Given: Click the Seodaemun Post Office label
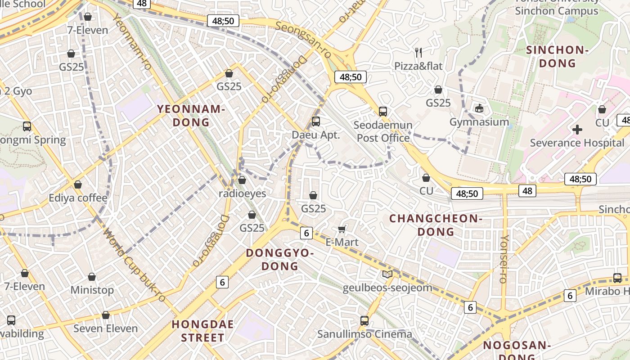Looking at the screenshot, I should (x=383, y=131).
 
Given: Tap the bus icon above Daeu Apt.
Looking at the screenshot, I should (x=316, y=121).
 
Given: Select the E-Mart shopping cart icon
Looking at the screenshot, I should (x=342, y=229).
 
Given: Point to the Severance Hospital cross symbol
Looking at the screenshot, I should (x=577, y=130).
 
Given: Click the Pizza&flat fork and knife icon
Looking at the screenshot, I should (x=418, y=52).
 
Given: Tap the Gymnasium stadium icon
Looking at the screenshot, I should (x=479, y=108).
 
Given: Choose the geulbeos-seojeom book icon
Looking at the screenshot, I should (x=387, y=274).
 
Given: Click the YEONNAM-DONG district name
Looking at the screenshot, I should (x=190, y=115).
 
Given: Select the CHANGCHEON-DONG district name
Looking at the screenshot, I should (x=436, y=225).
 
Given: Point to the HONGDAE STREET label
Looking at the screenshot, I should (x=203, y=331).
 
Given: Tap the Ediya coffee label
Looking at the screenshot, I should (x=78, y=198).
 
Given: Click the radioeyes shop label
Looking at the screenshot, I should (x=242, y=193).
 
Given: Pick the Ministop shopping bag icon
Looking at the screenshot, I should (x=92, y=277).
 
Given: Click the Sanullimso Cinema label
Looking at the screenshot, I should (x=364, y=334).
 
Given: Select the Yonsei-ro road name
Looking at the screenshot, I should (x=504, y=259).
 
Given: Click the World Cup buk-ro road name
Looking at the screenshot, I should (x=134, y=265).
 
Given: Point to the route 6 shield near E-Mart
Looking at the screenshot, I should (x=306, y=233).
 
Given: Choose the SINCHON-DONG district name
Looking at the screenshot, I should (x=557, y=56).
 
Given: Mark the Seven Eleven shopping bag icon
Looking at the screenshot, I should (x=106, y=315).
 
